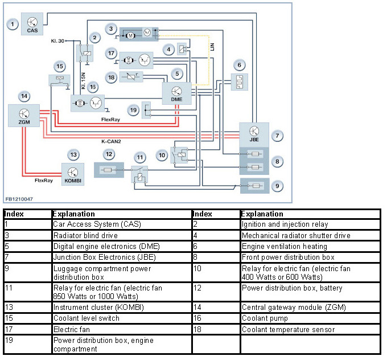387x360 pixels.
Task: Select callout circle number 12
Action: click(109, 154)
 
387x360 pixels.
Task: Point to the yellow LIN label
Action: click(212, 50)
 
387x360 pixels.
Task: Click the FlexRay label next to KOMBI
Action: click(44, 180)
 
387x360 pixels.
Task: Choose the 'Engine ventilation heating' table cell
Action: click(283, 247)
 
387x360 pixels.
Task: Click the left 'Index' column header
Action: click(14, 214)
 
